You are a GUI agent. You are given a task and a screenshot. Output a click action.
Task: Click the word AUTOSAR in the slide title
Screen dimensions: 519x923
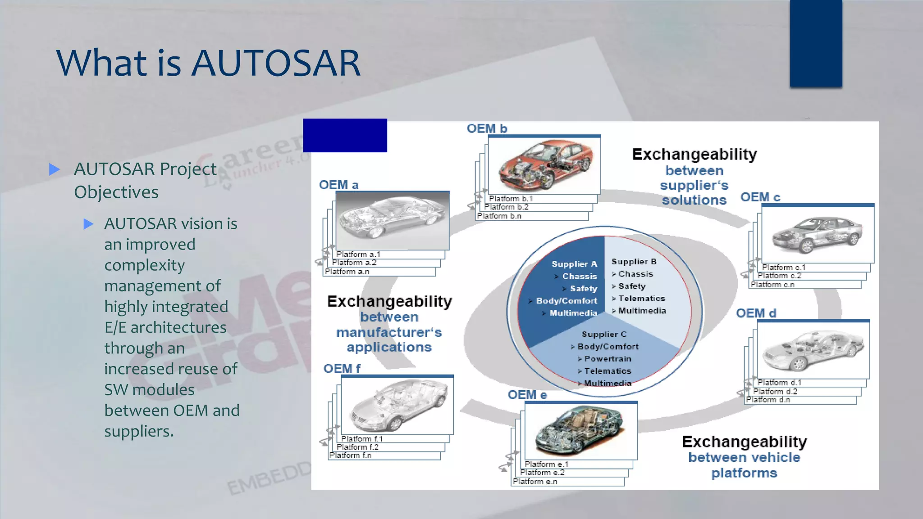click(x=276, y=63)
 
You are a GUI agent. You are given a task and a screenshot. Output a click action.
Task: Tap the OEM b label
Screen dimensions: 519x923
click(x=487, y=129)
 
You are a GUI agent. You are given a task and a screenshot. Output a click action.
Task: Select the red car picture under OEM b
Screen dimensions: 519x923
click(x=544, y=165)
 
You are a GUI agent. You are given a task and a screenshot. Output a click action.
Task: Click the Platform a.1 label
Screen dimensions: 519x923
click(x=358, y=255)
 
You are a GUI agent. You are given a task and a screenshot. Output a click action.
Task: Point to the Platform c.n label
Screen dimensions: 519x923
click(x=772, y=285)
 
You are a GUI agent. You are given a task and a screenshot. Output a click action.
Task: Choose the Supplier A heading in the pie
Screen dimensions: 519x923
click(x=574, y=264)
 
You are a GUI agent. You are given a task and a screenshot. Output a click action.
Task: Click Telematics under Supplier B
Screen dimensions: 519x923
click(x=641, y=298)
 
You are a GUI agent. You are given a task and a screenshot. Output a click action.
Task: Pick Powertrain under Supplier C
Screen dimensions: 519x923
click(x=607, y=359)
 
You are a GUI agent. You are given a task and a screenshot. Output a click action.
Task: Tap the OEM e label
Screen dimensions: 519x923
click(x=527, y=395)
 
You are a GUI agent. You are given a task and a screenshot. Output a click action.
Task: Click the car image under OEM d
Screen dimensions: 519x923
click(x=813, y=350)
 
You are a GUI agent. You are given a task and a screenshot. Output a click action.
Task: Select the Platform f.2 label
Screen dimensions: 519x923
click(x=357, y=447)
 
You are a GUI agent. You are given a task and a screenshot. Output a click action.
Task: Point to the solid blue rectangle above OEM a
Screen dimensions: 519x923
click(x=345, y=136)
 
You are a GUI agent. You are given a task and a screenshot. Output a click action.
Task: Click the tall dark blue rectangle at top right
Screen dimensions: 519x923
click(x=816, y=43)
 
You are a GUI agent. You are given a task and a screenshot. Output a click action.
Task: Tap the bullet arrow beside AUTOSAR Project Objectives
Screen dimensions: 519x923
click(x=55, y=169)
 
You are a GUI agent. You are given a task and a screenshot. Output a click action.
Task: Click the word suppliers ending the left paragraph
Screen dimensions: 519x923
click(x=138, y=432)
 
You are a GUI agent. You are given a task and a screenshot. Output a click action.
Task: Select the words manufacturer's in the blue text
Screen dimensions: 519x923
click(x=389, y=332)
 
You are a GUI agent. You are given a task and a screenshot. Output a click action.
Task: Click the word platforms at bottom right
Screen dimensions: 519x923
click(x=744, y=473)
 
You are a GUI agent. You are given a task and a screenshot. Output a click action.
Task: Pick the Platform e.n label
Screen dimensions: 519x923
click(x=535, y=482)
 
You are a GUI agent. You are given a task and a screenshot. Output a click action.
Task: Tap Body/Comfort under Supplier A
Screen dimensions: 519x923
click(x=566, y=300)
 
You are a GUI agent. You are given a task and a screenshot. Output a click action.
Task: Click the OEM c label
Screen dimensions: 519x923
click(x=760, y=197)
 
